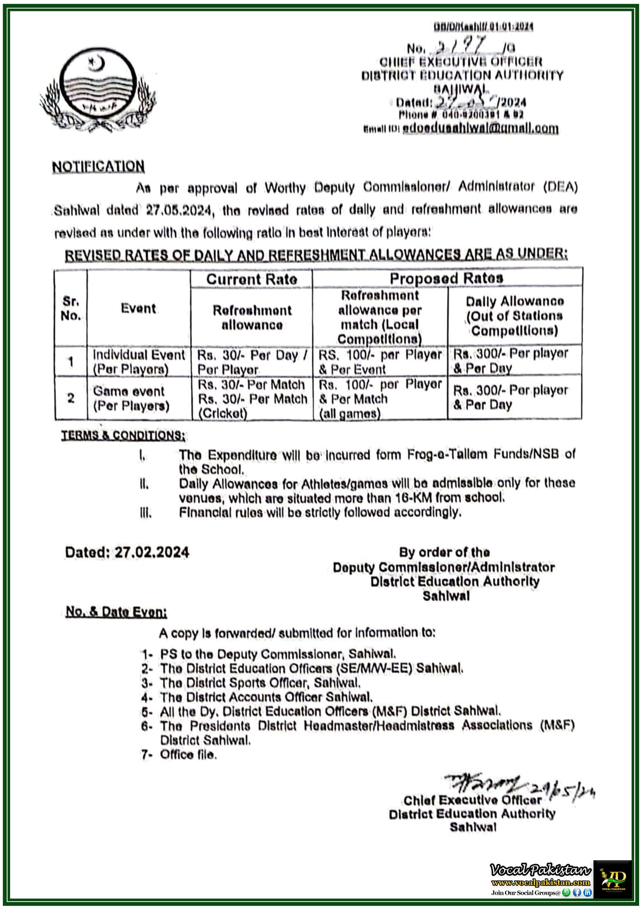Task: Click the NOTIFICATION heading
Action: [x=98, y=166]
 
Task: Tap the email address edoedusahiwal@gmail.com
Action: [x=480, y=128]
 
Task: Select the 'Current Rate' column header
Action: [x=251, y=279]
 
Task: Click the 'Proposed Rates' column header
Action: [x=447, y=278]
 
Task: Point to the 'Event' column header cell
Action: [x=138, y=308]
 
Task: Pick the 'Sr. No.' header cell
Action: [x=71, y=308]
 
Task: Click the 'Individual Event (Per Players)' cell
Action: [x=138, y=362]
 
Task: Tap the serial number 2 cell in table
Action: [x=71, y=398]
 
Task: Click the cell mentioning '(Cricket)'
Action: [x=252, y=398]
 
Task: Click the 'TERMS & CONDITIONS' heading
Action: [x=123, y=435]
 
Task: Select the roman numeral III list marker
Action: [x=145, y=513]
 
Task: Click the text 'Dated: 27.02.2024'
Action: [x=127, y=552]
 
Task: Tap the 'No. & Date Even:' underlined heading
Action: [x=116, y=612]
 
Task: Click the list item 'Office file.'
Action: [x=188, y=755]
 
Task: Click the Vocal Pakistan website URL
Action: [x=540, y=883]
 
